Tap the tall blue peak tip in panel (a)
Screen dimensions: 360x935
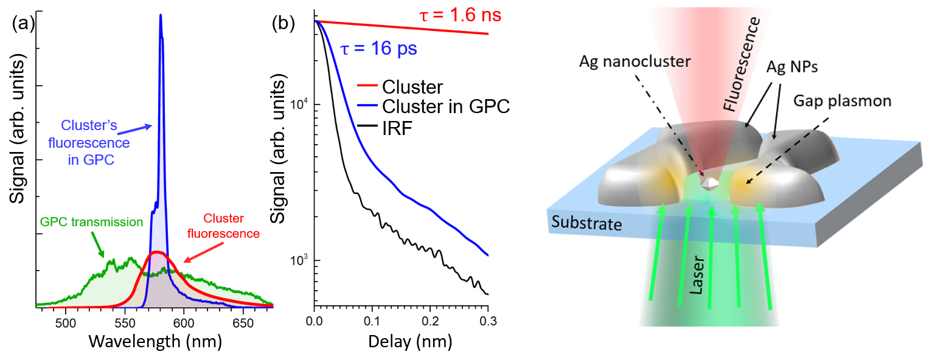(x=161, y=16)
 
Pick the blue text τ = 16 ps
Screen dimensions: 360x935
(x=378, y=48)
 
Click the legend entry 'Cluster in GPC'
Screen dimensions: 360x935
(x=445, y=106)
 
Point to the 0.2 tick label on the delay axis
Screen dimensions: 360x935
(x=430, y=322)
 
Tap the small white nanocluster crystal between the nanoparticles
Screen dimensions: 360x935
(x=709, y=182)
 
